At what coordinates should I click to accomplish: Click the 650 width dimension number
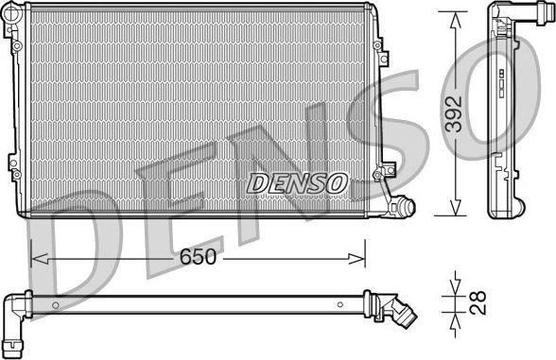pyautogui.click(x=199, y=257)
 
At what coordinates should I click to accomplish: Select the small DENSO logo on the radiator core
pyautogui.click(x=297, y=183)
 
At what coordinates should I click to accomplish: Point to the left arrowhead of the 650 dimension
pyautogui.click(x=36, y=255)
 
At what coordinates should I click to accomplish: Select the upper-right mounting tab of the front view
pyautogui.click(x=377, y=45)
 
